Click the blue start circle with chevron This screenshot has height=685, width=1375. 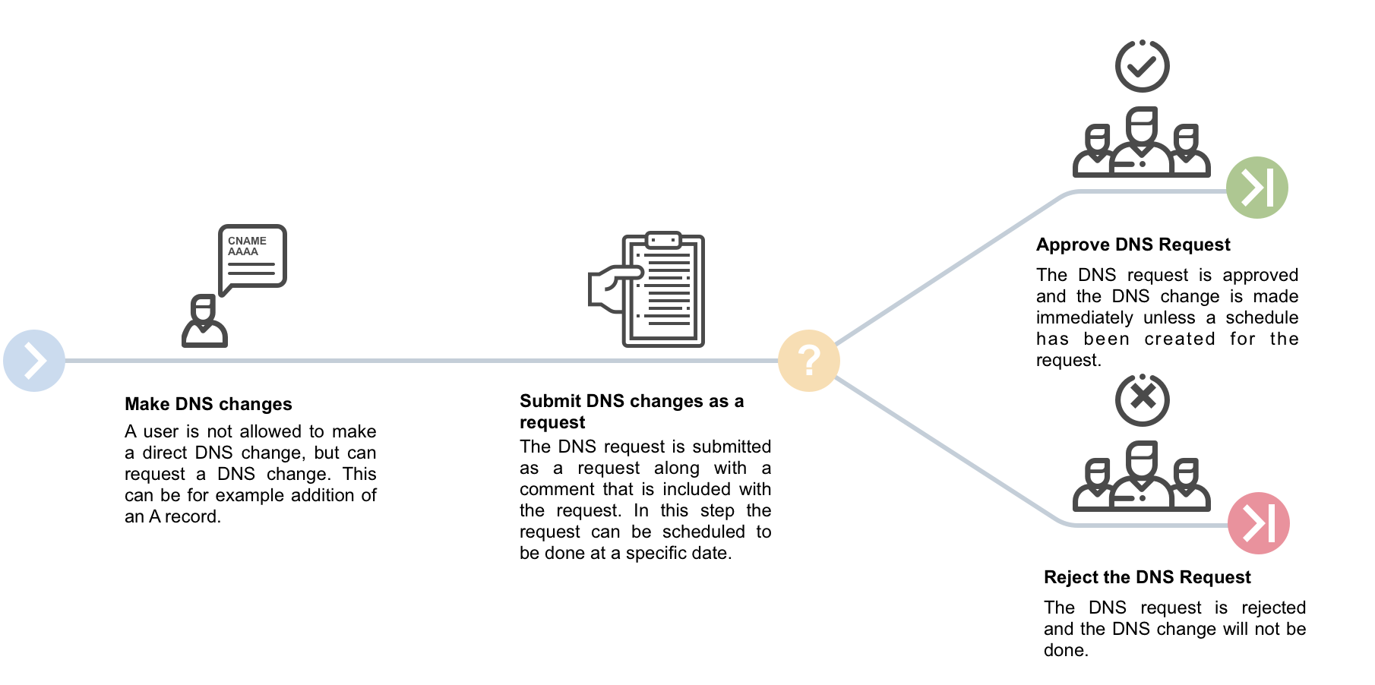pos(34,361)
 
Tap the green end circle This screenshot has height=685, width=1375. pos(1257,188)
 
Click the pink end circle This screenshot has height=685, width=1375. pos(1259,523)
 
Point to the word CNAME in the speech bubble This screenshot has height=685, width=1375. pos(247,240)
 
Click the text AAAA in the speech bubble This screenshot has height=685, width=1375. pos(243,251)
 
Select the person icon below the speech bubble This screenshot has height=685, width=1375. pos(204,322)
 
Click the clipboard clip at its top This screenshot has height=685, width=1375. pos(663,240)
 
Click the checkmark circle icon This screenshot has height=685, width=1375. pos(1142,66)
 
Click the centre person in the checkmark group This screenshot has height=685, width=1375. pos(1141,143)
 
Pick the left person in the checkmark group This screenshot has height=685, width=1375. pos(1095,152)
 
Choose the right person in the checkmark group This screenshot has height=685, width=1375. pos(1187,152)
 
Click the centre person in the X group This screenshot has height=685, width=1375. pos(1141,476)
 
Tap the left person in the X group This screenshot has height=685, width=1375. pos(1095,485)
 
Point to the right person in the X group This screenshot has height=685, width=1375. pos(1187,485)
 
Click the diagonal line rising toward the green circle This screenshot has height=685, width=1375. pos(950,270)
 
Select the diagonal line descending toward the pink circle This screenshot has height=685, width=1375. pos(950,451)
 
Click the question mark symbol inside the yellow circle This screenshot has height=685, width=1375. pos(809,361)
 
